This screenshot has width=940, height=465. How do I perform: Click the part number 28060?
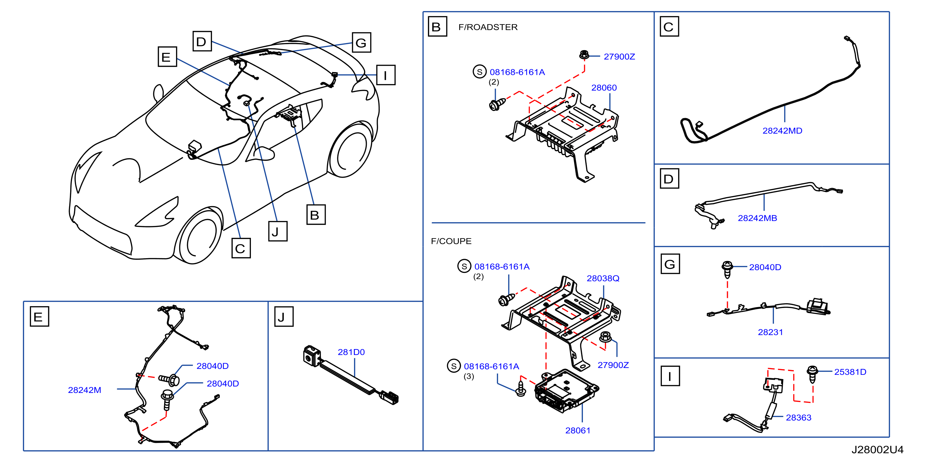click(x=604, y=88)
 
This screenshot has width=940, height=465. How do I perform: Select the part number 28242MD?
click(x=782, y=131)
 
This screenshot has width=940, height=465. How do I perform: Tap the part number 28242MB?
click(x=757, y=218)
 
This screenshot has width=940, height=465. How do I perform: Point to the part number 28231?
click(x=770, y=332)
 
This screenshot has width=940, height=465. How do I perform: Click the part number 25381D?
click(x=850, y=372)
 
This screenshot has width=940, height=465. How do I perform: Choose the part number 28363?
click(x=798, y=418)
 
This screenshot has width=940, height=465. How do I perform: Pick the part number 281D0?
click(x=351, y=352)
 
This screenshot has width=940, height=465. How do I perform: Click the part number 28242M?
click(x=84, y=390)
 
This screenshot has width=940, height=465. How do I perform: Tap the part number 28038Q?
click(x=603, y=279)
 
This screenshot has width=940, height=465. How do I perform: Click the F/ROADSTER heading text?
click(x=488, y=27)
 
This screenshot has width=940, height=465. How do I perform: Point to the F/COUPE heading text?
click(x=451, y=241)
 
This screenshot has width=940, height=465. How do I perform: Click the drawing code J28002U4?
click(x=877, y=450)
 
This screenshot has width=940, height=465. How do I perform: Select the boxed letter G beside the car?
click(x=361, y=42)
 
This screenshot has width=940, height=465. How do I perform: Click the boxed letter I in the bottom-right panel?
click(x=670, y=376)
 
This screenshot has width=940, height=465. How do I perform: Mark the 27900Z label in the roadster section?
click(x=619, y=57)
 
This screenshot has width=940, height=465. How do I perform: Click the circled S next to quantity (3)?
click(x=454, y=366)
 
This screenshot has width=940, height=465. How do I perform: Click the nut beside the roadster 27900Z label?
click(x=584, y=55)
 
